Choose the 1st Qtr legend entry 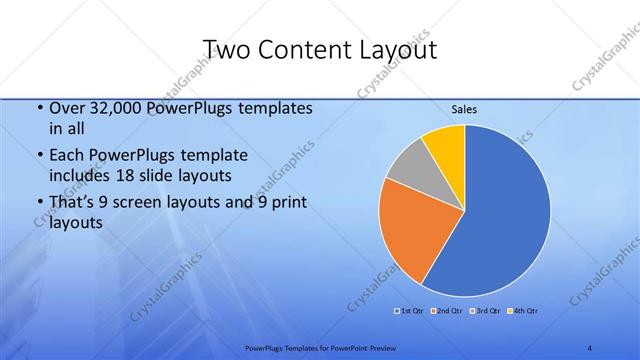410,311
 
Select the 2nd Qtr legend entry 446,311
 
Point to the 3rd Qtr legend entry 484,311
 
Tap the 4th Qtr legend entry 522,311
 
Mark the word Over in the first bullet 66,108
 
